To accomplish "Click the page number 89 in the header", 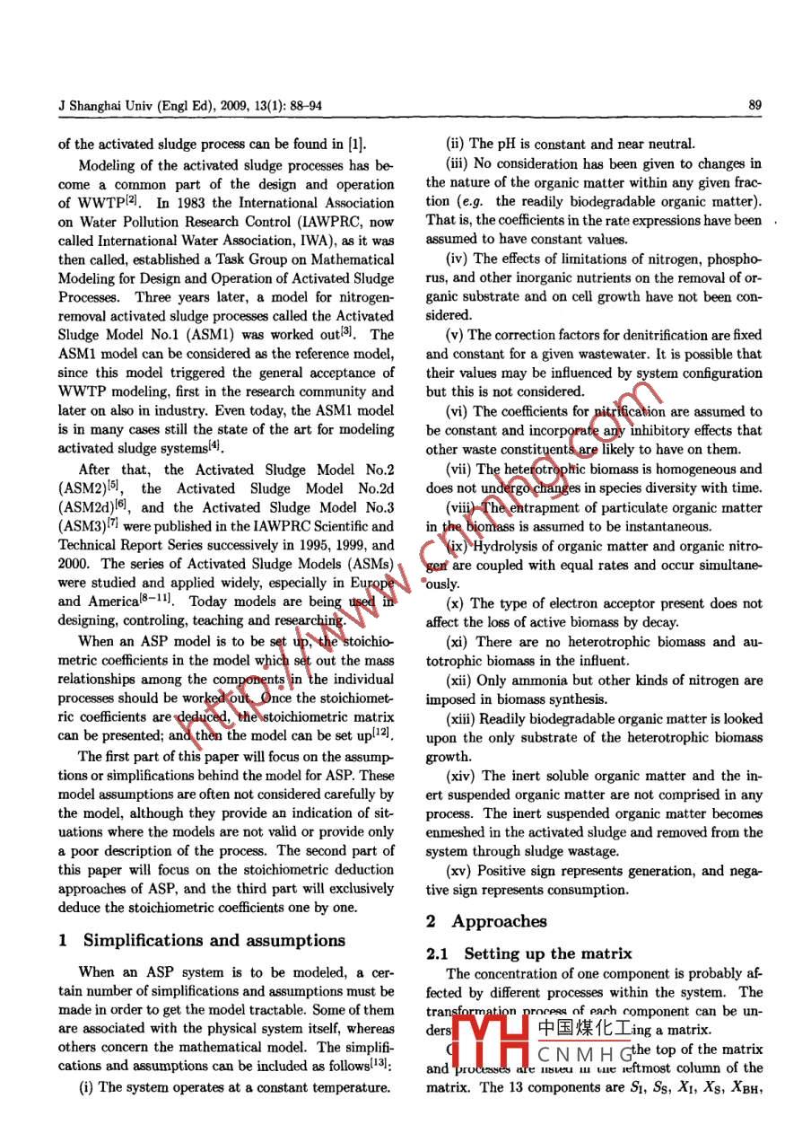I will [754, 106].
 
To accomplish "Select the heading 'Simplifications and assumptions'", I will [214, 940].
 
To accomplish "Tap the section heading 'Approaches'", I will [499, 921].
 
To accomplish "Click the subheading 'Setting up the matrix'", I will [548, 953].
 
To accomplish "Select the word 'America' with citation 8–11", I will [81, 602].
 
